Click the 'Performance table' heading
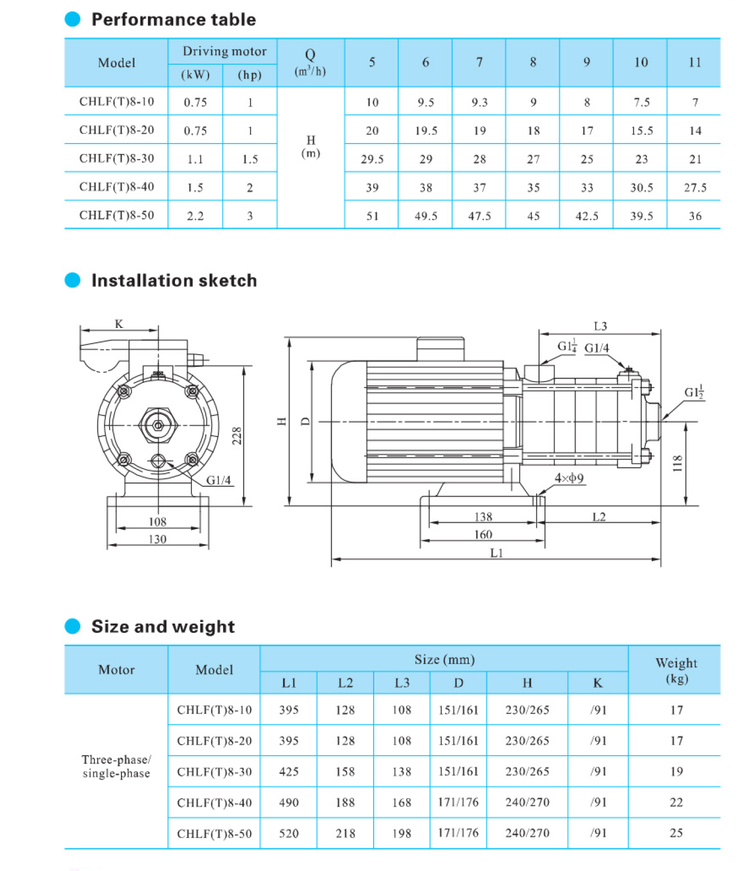[173, 19]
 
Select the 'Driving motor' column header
[224, 51]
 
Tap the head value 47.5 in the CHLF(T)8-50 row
[479, 216]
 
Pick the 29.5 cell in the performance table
[372, 159]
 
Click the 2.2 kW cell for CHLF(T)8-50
[195, 216]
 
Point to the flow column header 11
[694, 63]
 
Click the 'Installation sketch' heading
[174, 280]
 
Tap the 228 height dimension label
[237, 435]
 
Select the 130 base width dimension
[157, 539]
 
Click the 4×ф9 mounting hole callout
[569, 478]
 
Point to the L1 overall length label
[496, 553]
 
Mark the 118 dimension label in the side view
[677, 464]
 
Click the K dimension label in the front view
[119, 324]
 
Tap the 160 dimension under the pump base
[483, 534]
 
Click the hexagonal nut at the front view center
[158, 426]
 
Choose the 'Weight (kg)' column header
[676, 670]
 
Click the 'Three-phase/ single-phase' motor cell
[116, 766]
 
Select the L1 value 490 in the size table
[289, 802]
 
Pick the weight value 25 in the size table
[676, 833]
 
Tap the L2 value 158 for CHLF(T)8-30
[345, 772]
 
